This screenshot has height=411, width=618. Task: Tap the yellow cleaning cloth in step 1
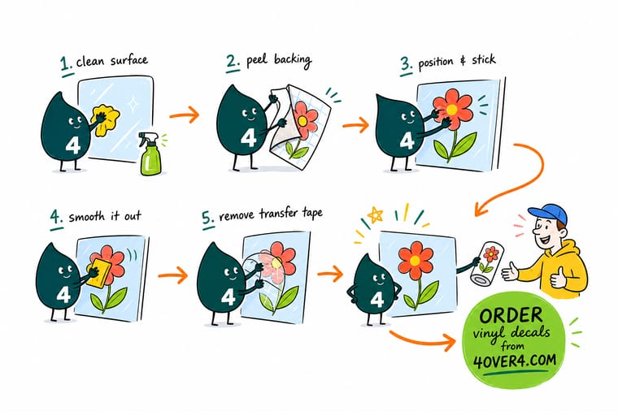point(105,119)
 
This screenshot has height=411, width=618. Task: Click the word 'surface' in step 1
point(129,61)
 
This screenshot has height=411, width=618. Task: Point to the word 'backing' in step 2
point(294,61)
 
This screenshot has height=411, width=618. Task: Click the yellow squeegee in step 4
point(98,273)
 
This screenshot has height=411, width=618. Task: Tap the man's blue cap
point(549,214)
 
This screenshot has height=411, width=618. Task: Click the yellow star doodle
point(375,215)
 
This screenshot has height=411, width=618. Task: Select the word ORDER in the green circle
point(511,316)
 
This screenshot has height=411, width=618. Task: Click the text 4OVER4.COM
point(515,361)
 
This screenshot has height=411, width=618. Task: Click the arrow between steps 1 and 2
point(185,115)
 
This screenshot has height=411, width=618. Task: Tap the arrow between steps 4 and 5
point(173,275)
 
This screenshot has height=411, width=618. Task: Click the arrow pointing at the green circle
point(422,340)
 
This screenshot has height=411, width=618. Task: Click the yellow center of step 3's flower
point(451,109)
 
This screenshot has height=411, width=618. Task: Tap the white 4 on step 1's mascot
point(73,145)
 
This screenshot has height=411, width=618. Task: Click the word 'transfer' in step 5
point(279,214)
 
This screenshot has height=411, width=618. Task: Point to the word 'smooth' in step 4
point(87,217)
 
